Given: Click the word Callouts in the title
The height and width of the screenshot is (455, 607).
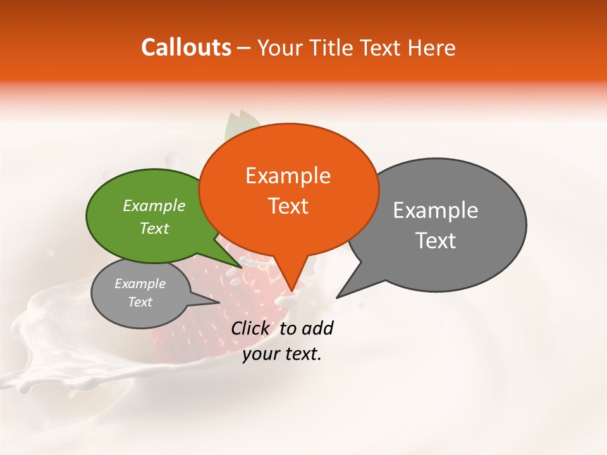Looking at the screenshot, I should (186, 47).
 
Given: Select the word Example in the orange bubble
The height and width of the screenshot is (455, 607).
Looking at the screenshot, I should (288, 176).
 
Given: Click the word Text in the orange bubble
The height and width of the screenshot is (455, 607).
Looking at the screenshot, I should (288, 206).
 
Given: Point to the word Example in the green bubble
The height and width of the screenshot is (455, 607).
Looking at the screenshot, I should (154, 205).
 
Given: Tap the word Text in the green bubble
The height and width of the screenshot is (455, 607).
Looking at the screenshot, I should (154, 228).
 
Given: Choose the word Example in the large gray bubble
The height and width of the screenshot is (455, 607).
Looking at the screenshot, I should (435, 210).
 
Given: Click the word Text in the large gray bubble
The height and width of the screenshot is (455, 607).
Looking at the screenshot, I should (435, 241).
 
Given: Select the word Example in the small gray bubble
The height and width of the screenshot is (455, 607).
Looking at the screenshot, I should (140, 284).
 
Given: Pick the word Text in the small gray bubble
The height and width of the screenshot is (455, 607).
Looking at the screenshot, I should (140, 302).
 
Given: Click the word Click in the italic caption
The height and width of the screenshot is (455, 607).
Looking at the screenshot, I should (251, 328).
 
